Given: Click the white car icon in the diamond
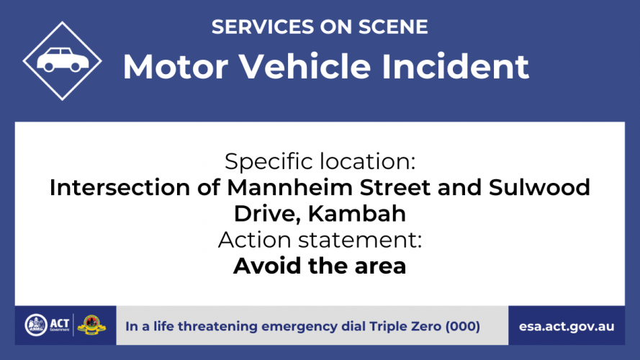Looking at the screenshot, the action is click(63, 60).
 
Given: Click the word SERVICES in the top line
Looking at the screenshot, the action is click(263, 27).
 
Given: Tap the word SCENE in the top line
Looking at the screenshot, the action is click(393, 27).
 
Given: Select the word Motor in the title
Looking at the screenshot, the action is click(176, 66).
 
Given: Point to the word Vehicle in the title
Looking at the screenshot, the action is click(305, 66).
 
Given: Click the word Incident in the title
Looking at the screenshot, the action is click(455, 66).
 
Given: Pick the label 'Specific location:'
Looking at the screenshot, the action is click(320, 161).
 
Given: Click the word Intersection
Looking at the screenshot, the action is click(120, 188).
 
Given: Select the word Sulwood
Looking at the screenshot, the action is click(539, 188).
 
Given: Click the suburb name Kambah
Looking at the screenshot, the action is click(357, 213).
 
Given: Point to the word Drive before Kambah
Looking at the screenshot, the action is click(267, 214).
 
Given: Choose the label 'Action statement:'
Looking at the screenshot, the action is click(320, 240).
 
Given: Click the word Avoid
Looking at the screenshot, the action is click(268, 266).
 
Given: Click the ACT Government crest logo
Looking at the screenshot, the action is click(36, 325).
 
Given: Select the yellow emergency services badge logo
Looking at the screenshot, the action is click(91, 325).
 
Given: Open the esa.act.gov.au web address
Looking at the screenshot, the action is click(567, 327).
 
